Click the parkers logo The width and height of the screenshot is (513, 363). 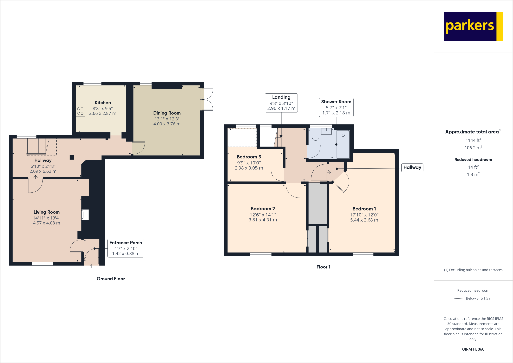click(473, 26)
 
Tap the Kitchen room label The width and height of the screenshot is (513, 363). click(103, 103)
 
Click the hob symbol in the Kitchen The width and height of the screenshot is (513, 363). click(80, 111)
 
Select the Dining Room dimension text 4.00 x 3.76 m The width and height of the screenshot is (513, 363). click(167, 124)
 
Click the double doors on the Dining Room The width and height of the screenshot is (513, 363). click(207, 100)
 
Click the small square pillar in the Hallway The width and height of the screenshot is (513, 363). click(72, 157)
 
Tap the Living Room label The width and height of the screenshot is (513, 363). click(47, 212)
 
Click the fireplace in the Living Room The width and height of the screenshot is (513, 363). click(85, 215)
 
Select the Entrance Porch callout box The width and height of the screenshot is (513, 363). click(126, 248)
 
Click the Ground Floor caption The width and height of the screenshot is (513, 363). click(111, 279)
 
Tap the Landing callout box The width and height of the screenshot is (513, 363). click(281, 103)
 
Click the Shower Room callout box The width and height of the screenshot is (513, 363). click(336, 107)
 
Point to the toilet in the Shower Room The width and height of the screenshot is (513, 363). click(315, 135)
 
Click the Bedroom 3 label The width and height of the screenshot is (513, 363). click(249, 157)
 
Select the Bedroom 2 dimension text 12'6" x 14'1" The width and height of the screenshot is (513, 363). click(263, 215)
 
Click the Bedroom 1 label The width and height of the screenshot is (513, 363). click(364, 209)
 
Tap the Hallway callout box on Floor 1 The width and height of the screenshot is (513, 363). click(412, 168)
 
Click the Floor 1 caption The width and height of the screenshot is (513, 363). click(323, 267)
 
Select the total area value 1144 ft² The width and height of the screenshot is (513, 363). click(473, 140)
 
